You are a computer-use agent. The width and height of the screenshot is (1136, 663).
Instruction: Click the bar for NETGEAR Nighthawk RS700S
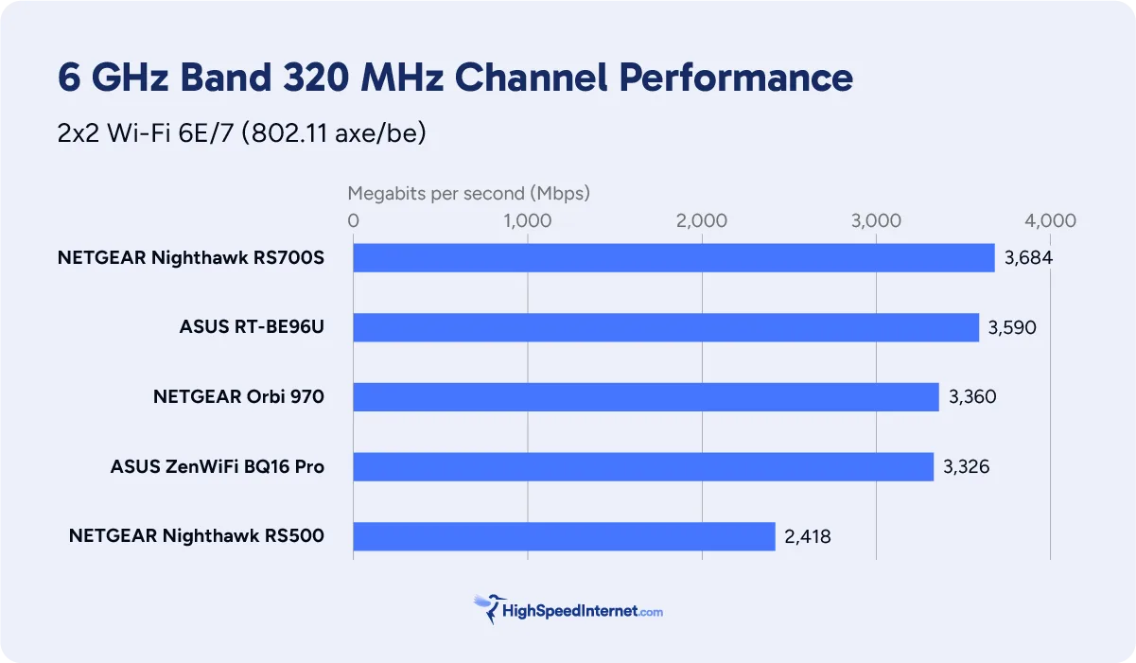point(673,258)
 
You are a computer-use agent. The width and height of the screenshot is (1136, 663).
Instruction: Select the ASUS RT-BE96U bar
point(666,327)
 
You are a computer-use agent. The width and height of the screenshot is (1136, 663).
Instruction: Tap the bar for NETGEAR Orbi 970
point(646,397)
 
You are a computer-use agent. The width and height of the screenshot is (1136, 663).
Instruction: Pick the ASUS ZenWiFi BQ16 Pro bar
point(643,466)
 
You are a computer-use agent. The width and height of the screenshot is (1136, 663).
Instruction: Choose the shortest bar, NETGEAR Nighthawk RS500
point(564,536)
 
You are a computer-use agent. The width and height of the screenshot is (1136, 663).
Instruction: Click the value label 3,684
point(1029,258)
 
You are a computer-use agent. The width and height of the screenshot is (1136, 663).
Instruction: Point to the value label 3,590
point(1012,328)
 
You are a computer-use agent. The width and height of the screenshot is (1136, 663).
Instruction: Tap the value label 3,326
point(967,466)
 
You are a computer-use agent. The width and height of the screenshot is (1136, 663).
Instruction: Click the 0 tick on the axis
point(354,220)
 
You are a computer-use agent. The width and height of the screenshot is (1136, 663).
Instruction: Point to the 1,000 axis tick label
point(527,220)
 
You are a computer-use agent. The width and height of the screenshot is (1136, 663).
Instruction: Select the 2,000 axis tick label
point(701,220)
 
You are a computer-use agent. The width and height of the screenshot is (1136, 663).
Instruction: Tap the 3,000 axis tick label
point(876,220)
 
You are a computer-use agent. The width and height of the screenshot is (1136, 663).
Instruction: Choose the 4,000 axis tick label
point(1050,220)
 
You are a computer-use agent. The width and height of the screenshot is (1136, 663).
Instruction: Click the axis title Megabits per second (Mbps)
point(469,193)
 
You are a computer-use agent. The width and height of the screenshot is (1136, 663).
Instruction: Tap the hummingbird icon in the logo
point(489,608)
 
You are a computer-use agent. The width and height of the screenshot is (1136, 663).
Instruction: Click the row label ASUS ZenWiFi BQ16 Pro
point(218,466)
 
